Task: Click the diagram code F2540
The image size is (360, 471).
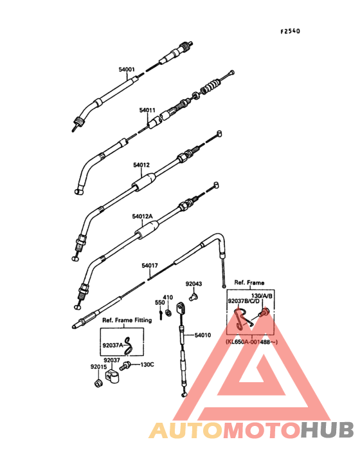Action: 290,32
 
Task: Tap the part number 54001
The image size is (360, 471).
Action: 127,69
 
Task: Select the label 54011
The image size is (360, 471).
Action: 147,110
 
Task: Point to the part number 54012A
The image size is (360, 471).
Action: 142,216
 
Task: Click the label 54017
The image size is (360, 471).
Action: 150,266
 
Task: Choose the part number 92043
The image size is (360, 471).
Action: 194,284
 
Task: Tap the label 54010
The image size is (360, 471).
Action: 203,335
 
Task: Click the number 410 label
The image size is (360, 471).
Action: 168,297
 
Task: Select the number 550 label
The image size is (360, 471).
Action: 160,302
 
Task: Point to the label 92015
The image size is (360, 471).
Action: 99,367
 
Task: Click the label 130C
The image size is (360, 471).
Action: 147,365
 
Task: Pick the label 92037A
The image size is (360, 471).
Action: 113,346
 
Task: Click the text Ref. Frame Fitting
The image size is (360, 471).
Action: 127,320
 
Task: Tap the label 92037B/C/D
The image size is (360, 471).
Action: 244,301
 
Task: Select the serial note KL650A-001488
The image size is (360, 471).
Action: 252,342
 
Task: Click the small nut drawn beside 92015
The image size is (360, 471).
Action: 98,383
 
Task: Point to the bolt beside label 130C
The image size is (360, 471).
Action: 125,366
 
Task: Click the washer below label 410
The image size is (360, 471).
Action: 168,313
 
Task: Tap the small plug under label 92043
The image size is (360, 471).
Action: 193,298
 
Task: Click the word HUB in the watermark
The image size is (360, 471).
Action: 327,430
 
